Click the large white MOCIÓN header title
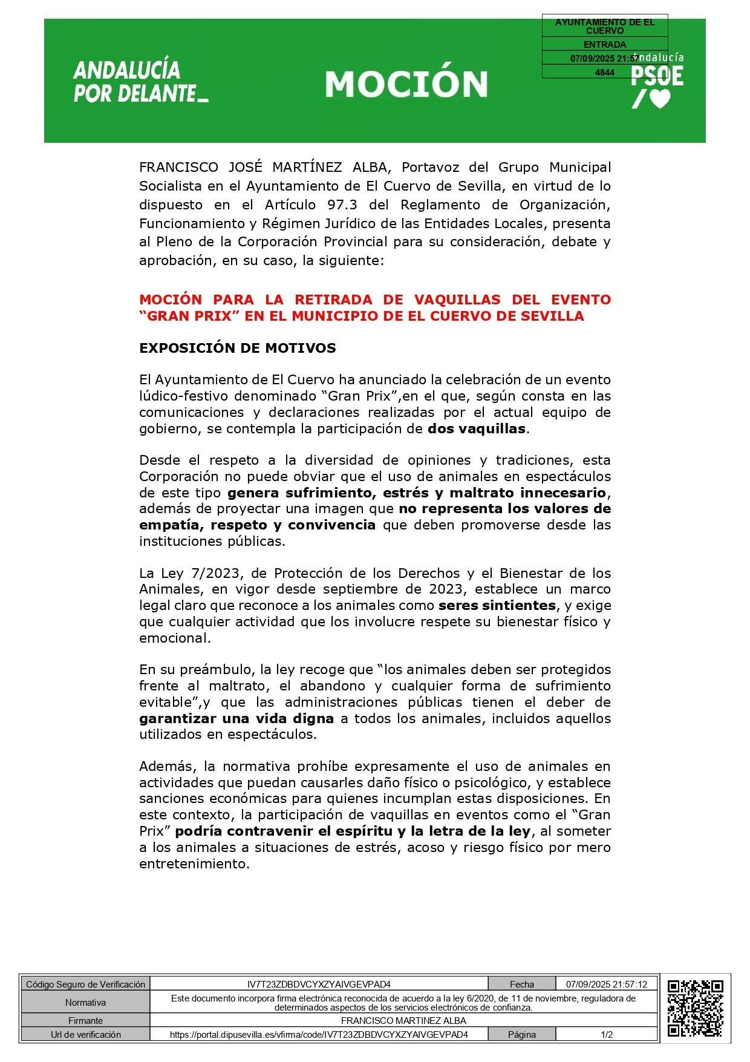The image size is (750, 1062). click(x=406, y=84)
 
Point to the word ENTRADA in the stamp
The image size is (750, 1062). click(x=604, y=45)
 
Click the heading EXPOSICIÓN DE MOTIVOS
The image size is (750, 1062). click(x=238, y=348)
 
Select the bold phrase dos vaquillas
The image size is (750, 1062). click(x=477, y=429)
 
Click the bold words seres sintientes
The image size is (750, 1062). click(x=497, y=605)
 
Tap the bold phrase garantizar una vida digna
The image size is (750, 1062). click(x=236, y=718)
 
